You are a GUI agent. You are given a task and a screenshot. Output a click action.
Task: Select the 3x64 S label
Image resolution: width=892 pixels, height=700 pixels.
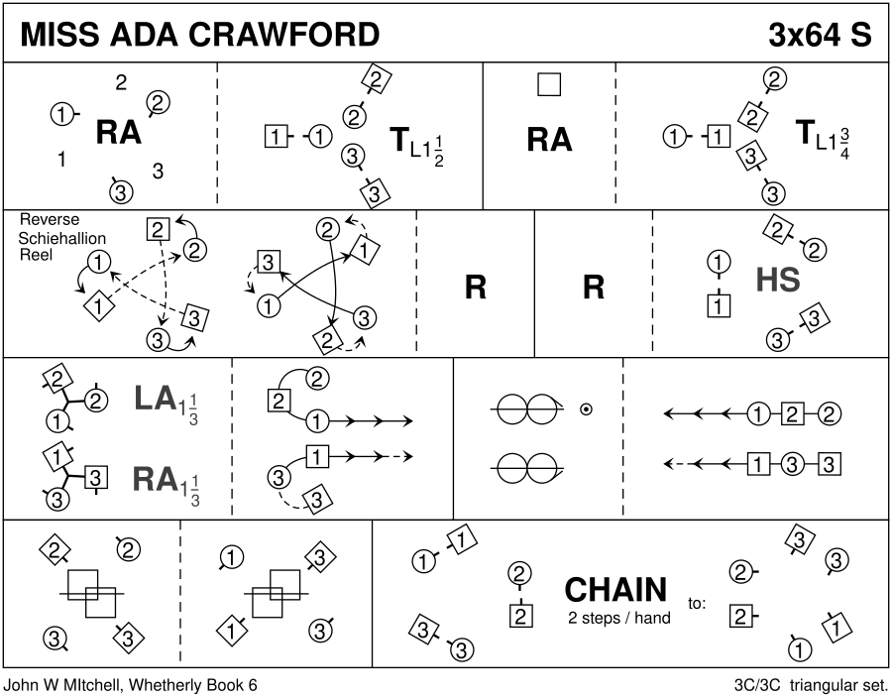point(820,35)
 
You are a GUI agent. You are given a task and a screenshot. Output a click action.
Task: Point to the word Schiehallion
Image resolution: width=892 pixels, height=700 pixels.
point(62,238)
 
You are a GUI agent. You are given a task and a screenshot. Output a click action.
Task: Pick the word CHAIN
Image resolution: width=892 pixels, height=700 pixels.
point(615,590)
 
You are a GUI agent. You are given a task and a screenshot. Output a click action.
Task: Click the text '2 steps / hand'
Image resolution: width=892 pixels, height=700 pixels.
point(619,618)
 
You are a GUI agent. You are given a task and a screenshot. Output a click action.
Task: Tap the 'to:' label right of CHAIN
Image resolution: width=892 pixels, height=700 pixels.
point(697,602)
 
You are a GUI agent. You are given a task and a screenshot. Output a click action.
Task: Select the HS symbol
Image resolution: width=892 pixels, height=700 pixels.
point(777,281)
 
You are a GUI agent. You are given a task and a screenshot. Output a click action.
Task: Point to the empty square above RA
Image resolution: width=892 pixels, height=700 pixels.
point(548,84)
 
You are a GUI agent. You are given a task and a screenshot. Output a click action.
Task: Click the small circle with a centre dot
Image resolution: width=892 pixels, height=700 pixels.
point(587,407)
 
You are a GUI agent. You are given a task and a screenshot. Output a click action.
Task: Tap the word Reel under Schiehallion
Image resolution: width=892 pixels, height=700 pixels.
point(34,255)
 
